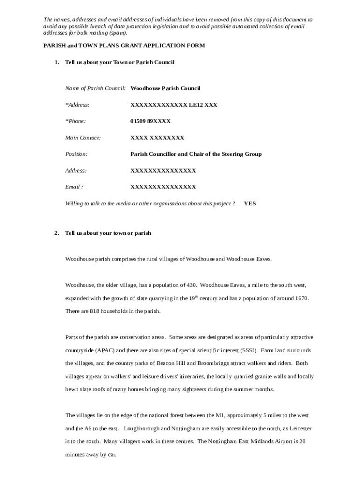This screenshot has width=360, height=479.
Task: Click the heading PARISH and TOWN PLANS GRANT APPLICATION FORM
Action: coord(124,46)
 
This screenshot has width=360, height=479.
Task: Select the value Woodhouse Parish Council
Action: coord(165,88)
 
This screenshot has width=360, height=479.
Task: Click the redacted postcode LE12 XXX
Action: coord(203,105)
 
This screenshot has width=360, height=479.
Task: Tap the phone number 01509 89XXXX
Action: coord(150,121)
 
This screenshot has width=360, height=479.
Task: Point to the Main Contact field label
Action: coord(83,138)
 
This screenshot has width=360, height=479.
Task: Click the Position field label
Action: coord(76,154)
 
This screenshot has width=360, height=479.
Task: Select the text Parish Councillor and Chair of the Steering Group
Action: coord(195,154)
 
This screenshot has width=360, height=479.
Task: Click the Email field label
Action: coord(74,187)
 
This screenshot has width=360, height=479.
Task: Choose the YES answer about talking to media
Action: coord(250,203)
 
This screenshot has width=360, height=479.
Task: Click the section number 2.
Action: coord(56,233)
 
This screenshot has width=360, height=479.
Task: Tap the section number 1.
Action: coord(56,62)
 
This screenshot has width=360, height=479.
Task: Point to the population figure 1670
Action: coord(302,298)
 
